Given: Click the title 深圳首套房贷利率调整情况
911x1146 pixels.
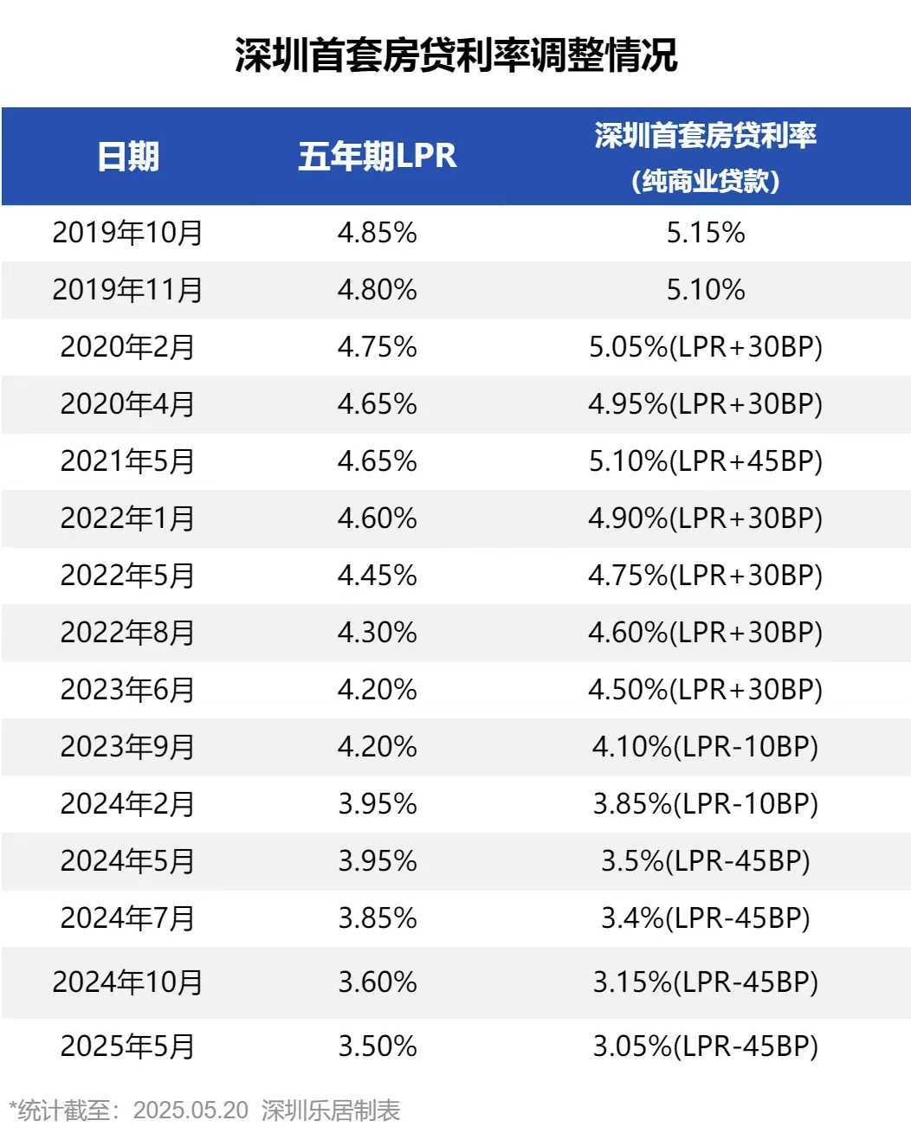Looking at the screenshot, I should pyautogui.click(x=455, y=55).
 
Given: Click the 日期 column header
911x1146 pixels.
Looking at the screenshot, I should pyautogui.click(x=128, y=157).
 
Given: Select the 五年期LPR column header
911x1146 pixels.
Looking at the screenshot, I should pyautogui.click(x=378, y=157).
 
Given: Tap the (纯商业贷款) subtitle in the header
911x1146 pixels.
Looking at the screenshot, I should pyautogui.click(x=706, y=181).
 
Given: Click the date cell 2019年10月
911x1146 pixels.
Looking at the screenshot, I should pyautogui.click(x=127, y=233).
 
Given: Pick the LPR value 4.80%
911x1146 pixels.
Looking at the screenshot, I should pyautogui.click(x=378, y=289).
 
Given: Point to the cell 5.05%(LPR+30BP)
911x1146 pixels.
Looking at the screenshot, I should pyautogui.click(x=706, y=347).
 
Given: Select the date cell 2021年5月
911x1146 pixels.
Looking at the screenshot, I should pyautogui.click(x=127, y=460).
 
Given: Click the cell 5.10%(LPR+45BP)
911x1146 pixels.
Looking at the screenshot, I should pyautogui.click(x=706, y=460).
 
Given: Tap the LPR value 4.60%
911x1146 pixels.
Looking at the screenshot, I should pyautogui.click(x=378, y=518).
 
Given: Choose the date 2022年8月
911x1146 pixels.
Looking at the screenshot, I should pyautogui.click(x=127, y=632).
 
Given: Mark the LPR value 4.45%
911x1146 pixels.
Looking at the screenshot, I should pyautogui.click(x=378, y=575).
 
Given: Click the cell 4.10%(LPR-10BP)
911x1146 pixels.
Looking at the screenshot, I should pyautogui.click(x=706, y=746).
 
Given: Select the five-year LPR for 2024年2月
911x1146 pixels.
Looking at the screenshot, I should pyautogui.click(x=378, y=803).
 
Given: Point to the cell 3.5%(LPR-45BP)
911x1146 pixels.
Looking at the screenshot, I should pyautogui.click(x=706, y=860).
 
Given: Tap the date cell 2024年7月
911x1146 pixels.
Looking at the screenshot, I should pyautogui.click(x=127, y=917).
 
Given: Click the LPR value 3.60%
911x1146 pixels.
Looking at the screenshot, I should pyautogui.click(x=378, y=982).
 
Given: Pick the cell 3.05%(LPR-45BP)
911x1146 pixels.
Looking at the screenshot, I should pyautogui.click(x=706, y=1046).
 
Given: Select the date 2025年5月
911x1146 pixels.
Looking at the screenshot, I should pyautogui.click(x=127, y=1046).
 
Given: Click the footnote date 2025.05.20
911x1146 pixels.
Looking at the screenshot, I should pyautogui.click(x=191, y=1111).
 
